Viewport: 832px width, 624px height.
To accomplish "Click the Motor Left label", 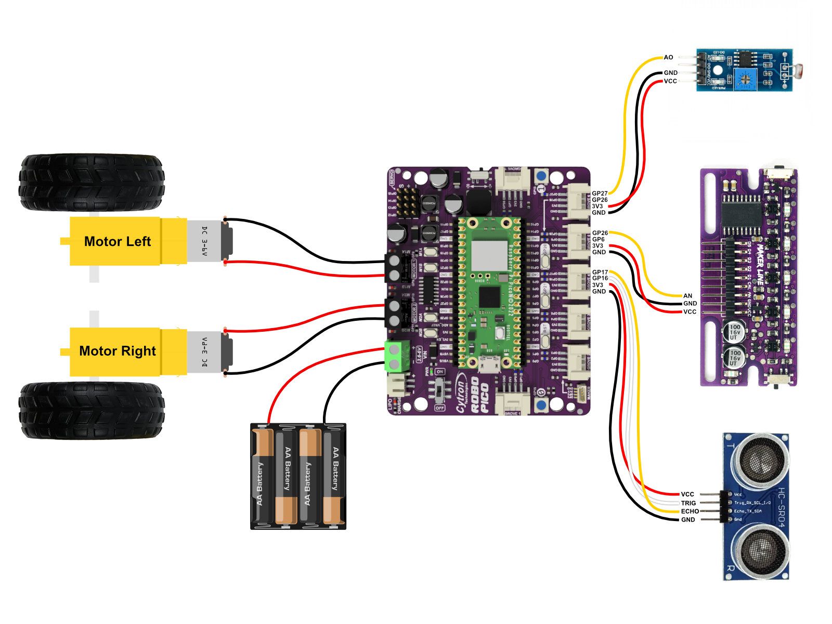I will pos(117,241).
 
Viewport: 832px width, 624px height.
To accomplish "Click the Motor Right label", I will pos(117,351).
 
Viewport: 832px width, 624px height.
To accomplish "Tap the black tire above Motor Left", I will pos(92,182).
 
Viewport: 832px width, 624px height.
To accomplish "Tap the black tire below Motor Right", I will pos(92,411).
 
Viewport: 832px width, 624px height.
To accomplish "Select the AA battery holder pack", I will pos(298,476).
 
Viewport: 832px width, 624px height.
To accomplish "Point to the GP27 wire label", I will pos(599,193).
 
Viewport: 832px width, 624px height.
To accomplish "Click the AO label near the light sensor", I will pos(668,57).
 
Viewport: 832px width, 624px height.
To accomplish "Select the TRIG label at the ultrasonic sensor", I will pos(688,503).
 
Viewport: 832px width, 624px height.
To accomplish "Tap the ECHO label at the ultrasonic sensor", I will pos(690,511).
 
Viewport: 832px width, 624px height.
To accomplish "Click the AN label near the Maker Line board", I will pos(687,296).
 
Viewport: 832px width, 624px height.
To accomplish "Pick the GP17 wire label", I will pos(600,272).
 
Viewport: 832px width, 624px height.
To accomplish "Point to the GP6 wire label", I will pos(598,239).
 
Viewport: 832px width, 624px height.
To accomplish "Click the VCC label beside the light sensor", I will pos(670,81).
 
